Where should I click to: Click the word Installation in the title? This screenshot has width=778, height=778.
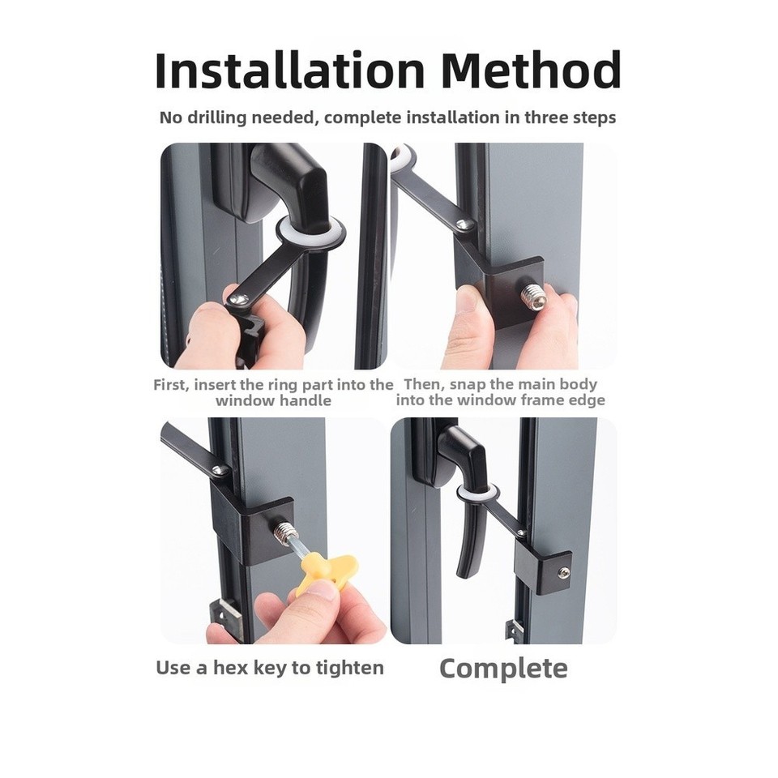[290, 70]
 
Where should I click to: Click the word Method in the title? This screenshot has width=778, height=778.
[531, 70]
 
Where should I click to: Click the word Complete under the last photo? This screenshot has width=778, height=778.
[503, 669]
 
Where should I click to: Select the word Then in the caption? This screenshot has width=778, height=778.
[421, 384]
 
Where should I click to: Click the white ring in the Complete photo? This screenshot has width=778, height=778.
[477, 493]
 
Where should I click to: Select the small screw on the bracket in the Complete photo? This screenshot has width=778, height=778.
[564, 573]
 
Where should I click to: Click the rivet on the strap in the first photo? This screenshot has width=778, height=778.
[237, 299]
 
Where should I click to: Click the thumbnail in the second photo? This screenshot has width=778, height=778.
[467, 302]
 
